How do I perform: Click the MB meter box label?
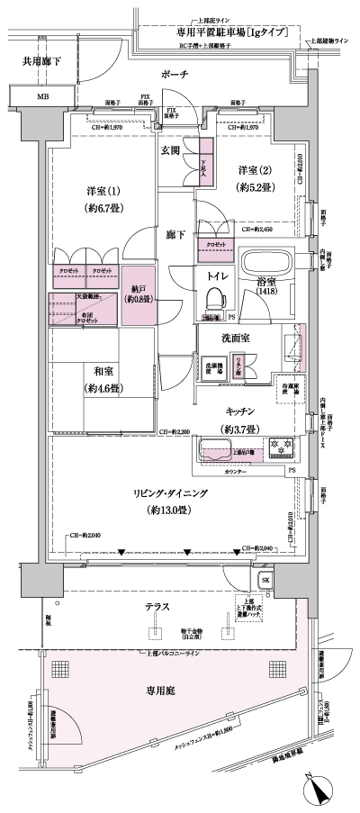click(x=43, y=95)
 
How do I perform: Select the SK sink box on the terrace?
click(x=265, y=578)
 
